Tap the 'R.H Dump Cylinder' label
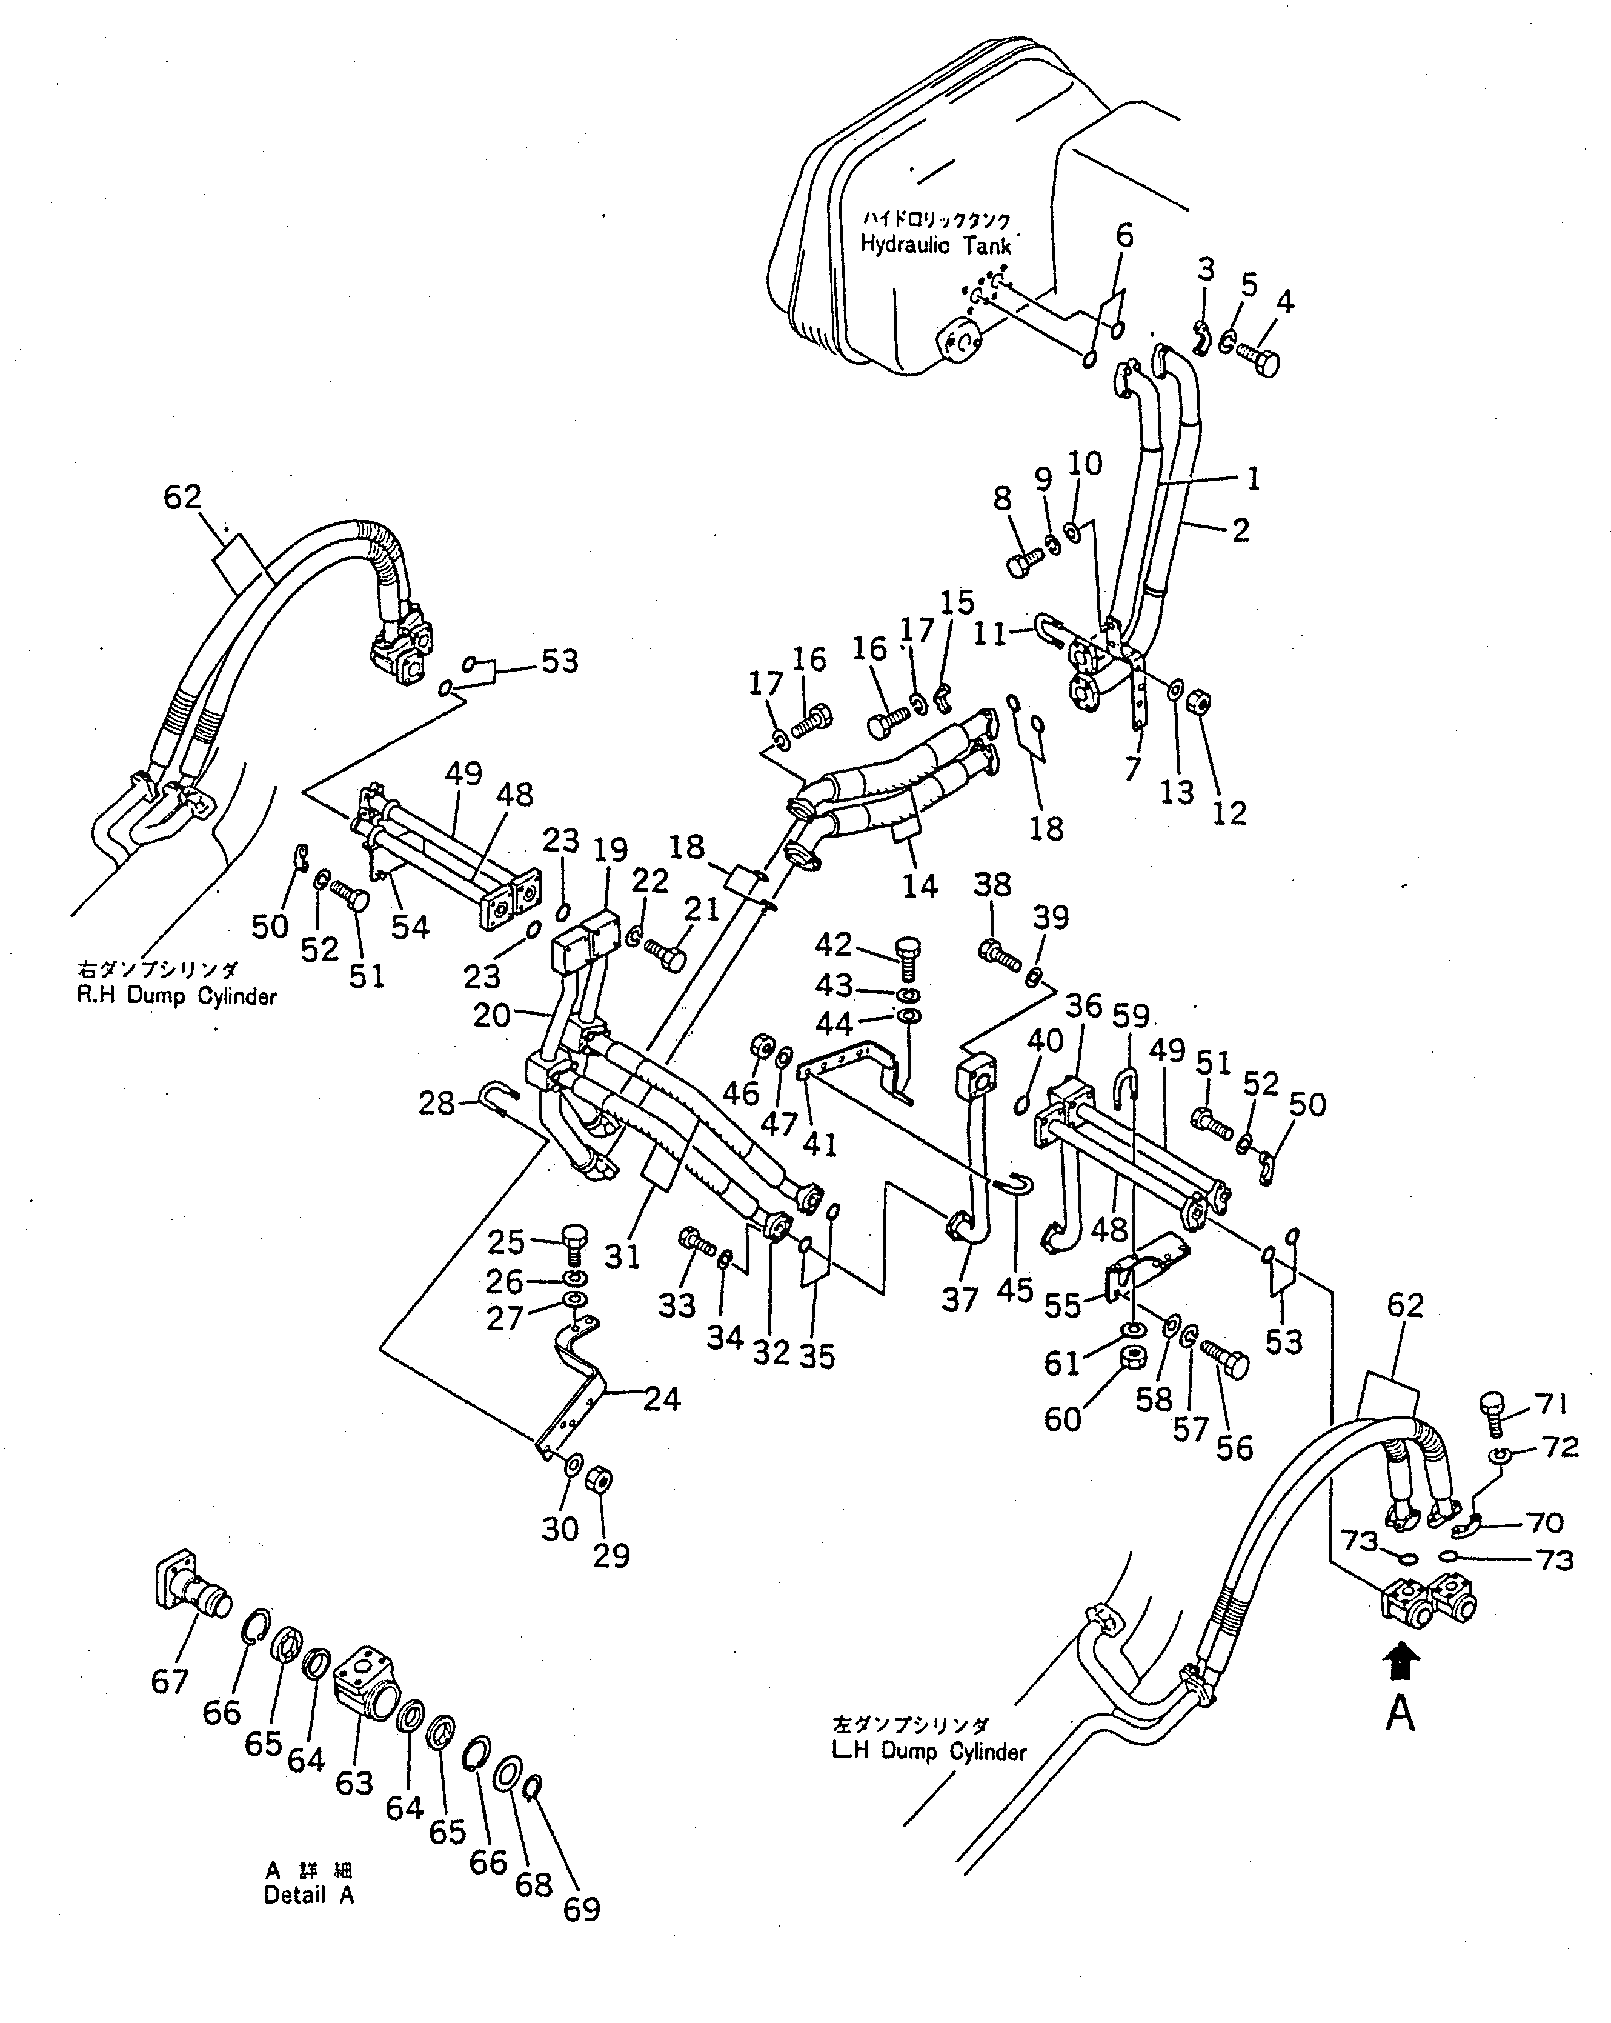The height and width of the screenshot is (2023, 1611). tap(176, 996)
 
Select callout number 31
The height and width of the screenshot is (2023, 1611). tap(622, 1256)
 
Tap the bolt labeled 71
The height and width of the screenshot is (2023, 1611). tap(1493, 1414)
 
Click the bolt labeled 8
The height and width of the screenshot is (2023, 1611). tap(1025, 564)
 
